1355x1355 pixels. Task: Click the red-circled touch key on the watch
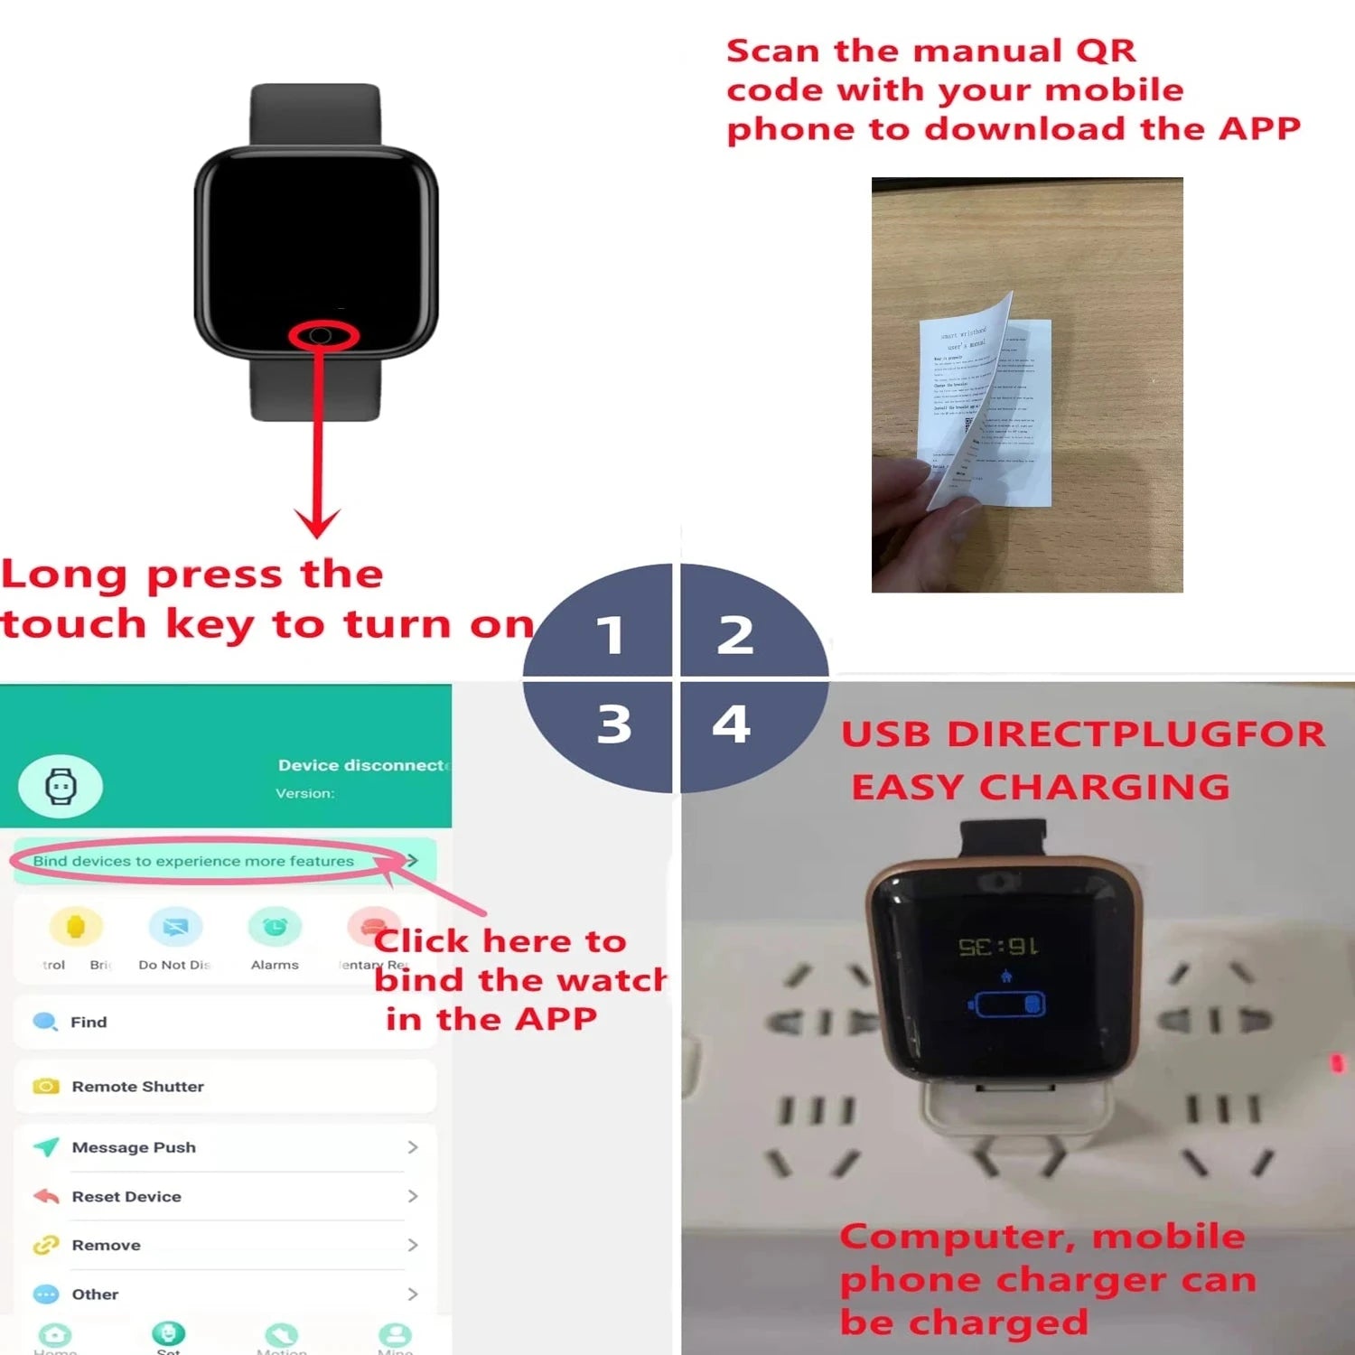pos(322,336)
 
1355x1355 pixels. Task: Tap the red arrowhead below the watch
pos(317,523)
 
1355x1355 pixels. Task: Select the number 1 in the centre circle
pos(611,635)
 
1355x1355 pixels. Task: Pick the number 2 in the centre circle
pos(735,635)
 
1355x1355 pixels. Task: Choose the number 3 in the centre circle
pos(614,724)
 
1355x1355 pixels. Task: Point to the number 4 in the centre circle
pos(732,724)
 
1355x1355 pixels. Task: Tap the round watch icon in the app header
pos(61,786)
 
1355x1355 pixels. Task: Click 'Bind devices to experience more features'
pos(193,861)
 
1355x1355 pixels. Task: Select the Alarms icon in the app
pos(275,927)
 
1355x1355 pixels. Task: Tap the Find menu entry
pos(89,1022)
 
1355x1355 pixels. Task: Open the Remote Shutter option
pos(137,1086)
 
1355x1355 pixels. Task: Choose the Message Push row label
pos(134,1147)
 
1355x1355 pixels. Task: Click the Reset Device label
pos(126,1196)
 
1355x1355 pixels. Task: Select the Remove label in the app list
pos(106,1245)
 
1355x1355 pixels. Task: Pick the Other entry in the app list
pos(95,1294)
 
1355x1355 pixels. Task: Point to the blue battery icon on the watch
pos(1006,1005)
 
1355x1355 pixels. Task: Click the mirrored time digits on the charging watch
pos(997,947)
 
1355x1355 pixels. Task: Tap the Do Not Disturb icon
pos(175,927)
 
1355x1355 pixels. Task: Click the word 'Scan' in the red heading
pos(773,51)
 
